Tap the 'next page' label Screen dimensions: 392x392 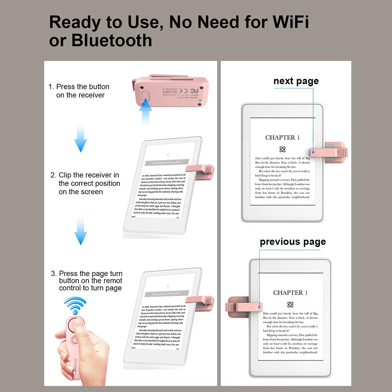(296, 81)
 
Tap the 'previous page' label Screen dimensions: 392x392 (293, 242)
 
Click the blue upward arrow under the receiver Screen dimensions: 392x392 (146, 112)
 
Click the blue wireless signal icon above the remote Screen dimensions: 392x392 (75, 305)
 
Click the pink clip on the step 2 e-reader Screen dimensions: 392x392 (200, 170)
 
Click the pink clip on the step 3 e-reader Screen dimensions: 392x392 (200, 300)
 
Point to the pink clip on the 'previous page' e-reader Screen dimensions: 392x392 (243, 306)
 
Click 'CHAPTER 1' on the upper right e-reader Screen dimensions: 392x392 (282, 137)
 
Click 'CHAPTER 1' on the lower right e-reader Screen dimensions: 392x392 (290, 293)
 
